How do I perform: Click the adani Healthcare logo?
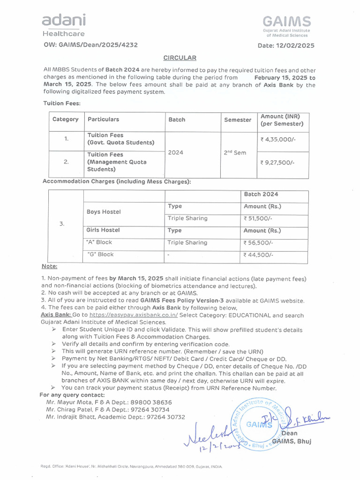[64, 25]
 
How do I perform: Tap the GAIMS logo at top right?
[286, 26]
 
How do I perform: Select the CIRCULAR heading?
[180, 58]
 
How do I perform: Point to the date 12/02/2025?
[296, 45]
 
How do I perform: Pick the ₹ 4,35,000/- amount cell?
[275, 139]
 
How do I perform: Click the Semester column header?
[238, 120]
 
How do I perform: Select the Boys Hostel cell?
[104, 212]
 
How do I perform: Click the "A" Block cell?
[100, 242]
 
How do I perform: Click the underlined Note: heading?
[49, 267]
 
